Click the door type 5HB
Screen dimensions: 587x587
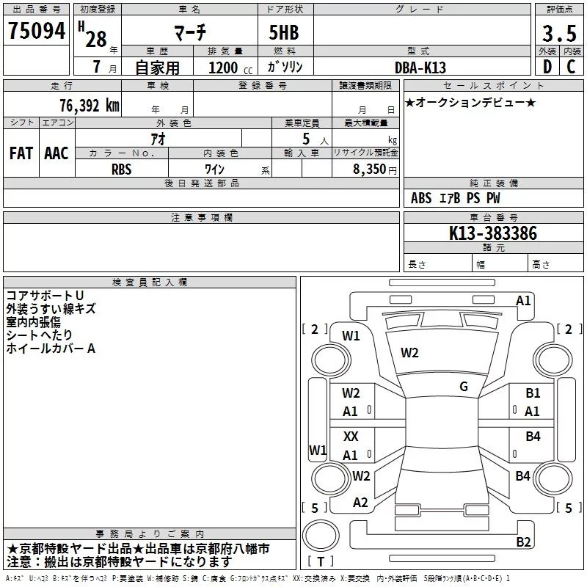tap(279, 34)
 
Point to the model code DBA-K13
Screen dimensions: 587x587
tap(421, 67)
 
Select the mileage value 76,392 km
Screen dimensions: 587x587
tap(89, 106)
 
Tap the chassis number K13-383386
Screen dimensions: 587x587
tap(493, 234)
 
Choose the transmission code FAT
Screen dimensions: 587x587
tap(21, 153)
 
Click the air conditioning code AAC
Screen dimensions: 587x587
tap(56, 153)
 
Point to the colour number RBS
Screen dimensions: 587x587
tap(122, 169)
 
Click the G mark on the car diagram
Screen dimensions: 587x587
tap(464, 387)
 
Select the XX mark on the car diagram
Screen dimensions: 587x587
tap(351, 437)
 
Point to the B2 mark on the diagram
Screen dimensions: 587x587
tap(523, 542)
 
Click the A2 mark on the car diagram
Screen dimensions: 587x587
tap(360, 503)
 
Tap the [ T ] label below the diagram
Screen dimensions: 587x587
tap(321, 562)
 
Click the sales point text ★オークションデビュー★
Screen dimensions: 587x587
tap(470, 102)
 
